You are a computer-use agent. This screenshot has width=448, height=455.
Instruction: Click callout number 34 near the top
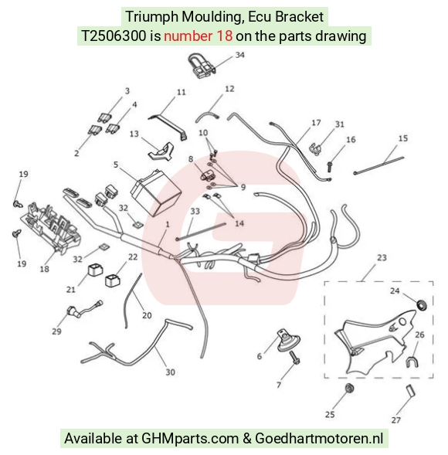(239, 55)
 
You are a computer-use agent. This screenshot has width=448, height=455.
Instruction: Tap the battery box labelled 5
(156, 192)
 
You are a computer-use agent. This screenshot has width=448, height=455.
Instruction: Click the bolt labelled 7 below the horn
(295, 357)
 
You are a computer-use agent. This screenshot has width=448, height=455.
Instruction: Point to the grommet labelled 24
(422, 305)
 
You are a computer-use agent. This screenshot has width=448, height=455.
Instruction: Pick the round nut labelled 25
(349, 388)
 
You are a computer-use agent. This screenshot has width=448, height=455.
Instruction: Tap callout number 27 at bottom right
(395, 420)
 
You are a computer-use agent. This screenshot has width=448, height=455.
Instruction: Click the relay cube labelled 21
(95, 270)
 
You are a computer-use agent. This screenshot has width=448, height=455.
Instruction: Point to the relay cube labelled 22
(112, 280)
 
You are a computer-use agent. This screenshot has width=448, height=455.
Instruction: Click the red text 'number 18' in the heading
(199, 36)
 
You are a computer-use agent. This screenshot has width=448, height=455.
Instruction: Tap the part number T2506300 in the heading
(114, 36)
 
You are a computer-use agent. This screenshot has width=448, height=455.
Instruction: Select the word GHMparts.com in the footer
(190, 438)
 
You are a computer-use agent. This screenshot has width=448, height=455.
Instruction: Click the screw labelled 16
(330, 167)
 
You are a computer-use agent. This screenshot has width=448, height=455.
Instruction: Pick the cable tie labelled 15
(378, 165)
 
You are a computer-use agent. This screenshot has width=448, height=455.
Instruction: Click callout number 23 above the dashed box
(382, 258)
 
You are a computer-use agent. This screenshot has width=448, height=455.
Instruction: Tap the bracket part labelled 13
(161, 151)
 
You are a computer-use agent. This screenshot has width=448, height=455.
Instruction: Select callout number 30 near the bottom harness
(171, 372)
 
